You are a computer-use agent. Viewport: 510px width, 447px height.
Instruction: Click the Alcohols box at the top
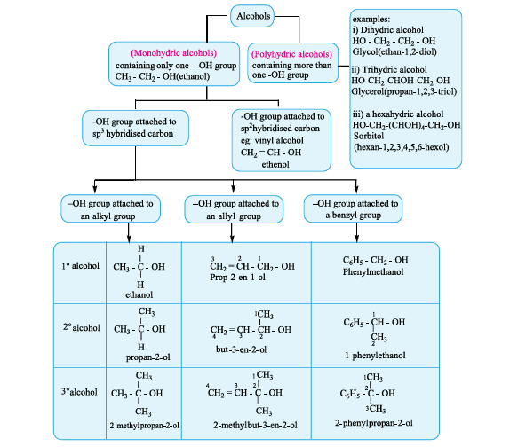coord(252,16)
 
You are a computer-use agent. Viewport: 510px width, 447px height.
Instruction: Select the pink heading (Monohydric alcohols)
coord(173,53)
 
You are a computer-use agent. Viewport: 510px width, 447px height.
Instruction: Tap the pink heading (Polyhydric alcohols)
coord(291,54)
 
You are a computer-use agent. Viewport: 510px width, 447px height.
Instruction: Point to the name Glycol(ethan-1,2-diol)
coord(394,52)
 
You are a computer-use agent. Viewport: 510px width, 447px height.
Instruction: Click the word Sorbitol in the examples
coord(369,136)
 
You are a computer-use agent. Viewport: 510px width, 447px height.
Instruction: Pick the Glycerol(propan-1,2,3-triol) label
coord(404,91)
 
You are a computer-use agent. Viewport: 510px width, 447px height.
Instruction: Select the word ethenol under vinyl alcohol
coord(275,164)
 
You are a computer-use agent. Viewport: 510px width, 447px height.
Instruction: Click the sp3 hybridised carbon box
coord(135,128)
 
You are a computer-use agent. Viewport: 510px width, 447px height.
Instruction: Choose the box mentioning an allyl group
coord(234,209)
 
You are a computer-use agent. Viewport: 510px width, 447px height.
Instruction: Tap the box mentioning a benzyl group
coord(353,208)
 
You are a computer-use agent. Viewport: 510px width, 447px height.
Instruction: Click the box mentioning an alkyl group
coord(110,208)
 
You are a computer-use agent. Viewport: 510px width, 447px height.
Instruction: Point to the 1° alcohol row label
coord(80,266)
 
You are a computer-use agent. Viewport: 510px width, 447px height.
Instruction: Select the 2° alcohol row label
coord(82,327)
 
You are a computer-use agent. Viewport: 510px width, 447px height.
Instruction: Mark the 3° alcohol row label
coord(79,392)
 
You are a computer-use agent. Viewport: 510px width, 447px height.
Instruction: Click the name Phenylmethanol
coord(373,271)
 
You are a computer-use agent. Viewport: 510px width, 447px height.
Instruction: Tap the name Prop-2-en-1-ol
coord(237,278)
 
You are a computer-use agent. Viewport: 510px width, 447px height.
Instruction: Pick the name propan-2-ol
coord(148,357)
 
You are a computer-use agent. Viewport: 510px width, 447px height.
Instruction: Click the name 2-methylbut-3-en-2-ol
coord(255,425)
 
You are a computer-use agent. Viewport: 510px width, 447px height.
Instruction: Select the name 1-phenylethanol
coord(375,356)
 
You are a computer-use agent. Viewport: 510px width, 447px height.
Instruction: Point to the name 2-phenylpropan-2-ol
coord(374,423)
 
